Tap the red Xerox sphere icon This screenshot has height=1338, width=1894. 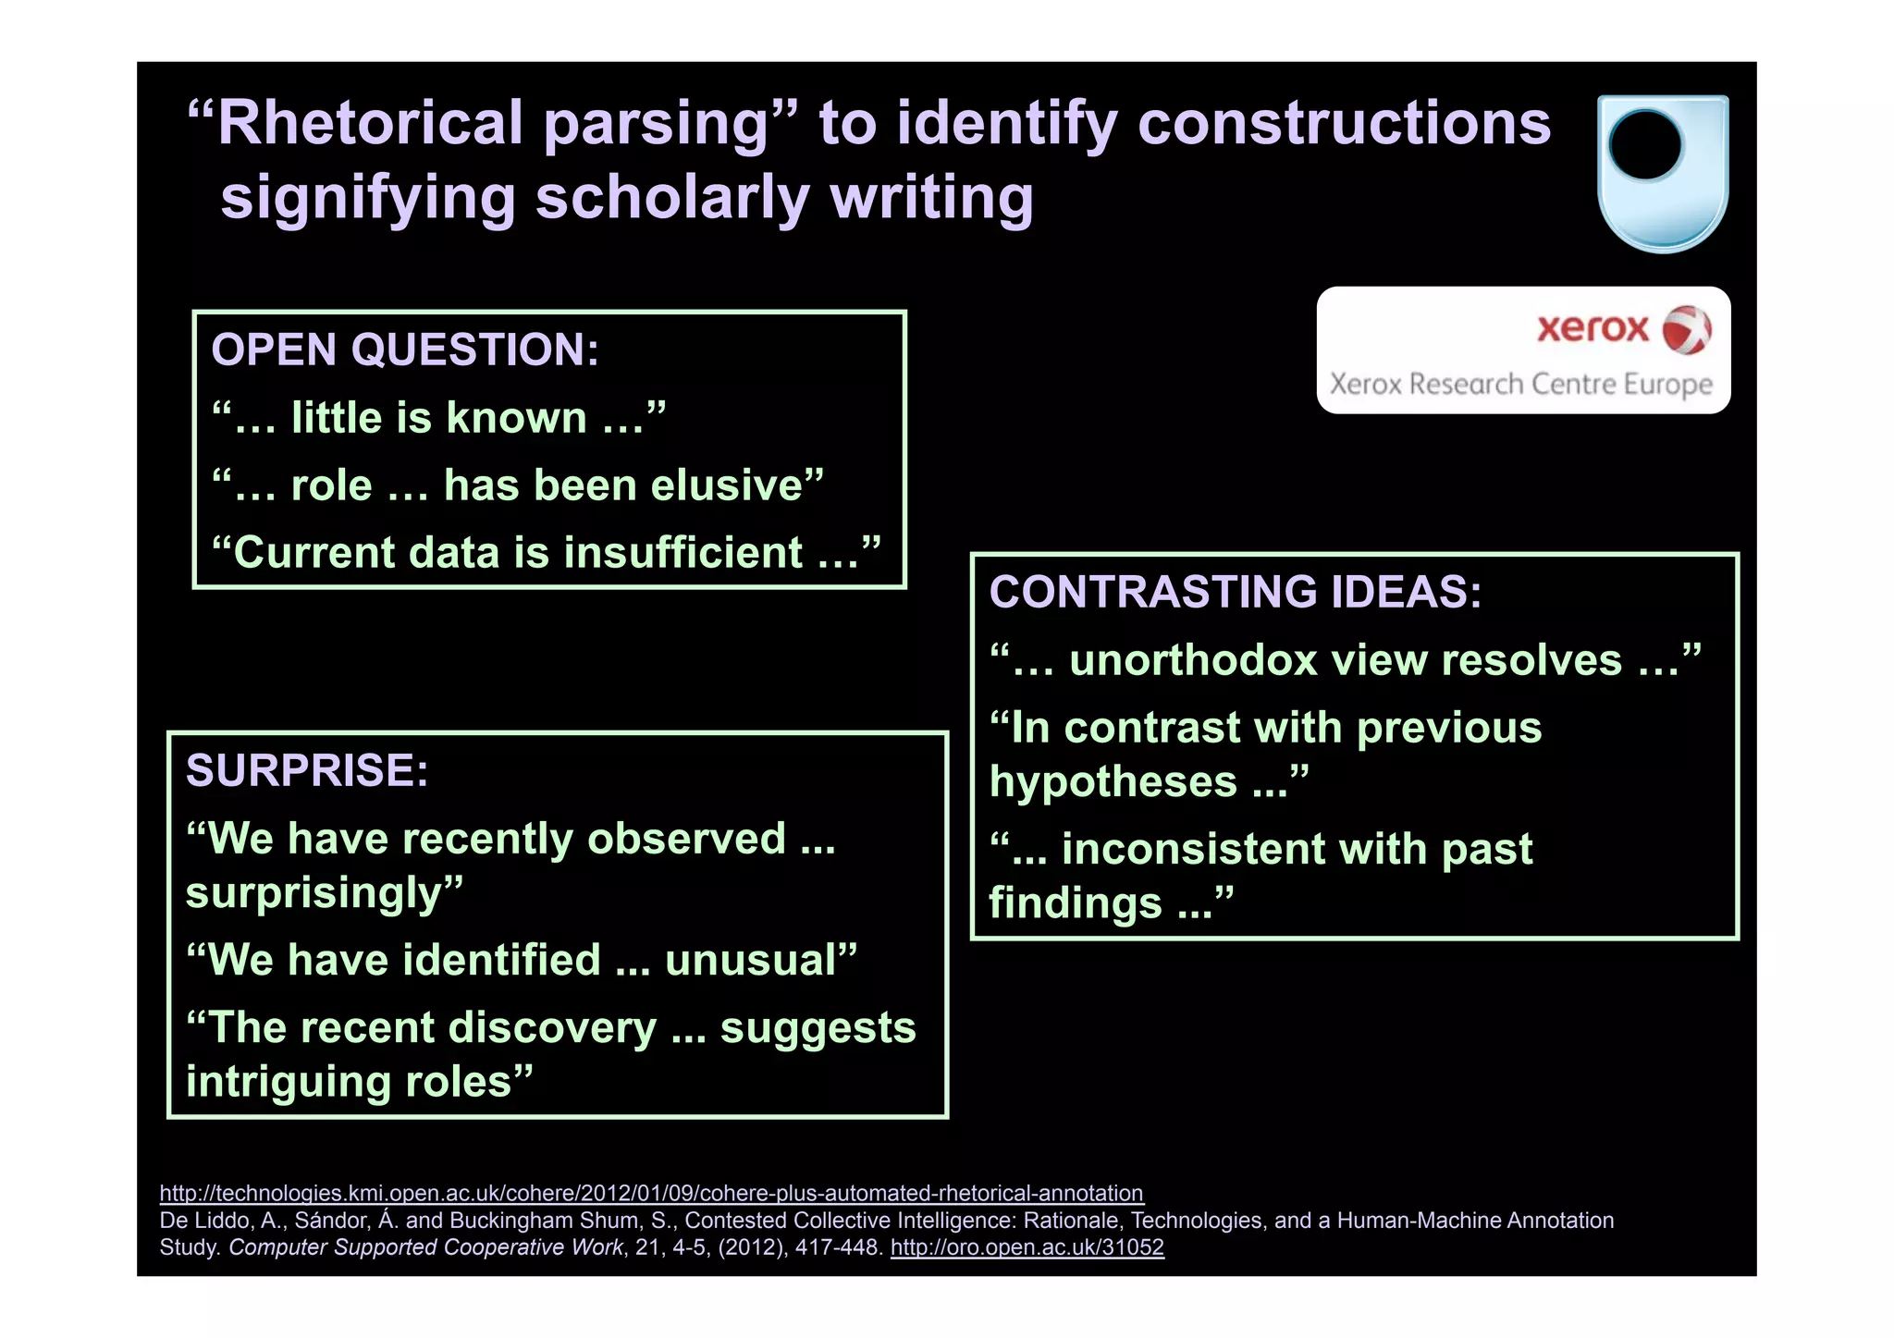(1687, 330)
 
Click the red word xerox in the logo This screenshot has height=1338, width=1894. (1593, 328)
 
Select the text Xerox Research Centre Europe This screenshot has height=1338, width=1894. (1520, 384)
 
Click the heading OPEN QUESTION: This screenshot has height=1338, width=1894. (405, 350)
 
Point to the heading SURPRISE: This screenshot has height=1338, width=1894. (307, 771)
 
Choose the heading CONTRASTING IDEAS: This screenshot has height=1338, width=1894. (1235, 592)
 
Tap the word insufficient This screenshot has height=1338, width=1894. (683, 553)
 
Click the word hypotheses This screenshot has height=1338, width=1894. (1113, 782)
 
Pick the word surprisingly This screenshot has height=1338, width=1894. (314, 893)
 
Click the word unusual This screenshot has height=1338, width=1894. (750, 961)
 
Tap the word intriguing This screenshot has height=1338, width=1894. (301, 1082)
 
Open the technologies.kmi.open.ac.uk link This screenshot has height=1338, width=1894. (651, 1193)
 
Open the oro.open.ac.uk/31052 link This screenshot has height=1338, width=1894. (1027, 1247)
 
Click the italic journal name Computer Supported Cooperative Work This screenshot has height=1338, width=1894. (425, 1247)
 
